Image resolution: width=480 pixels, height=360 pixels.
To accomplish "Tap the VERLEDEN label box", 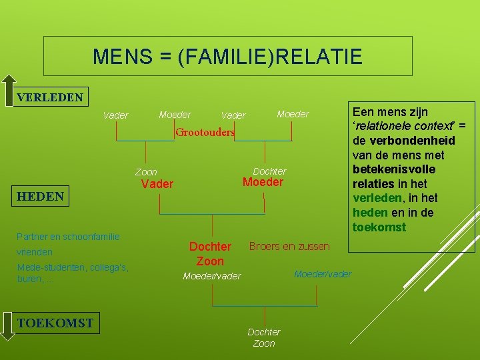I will pyautogui.click(x=50, y=97).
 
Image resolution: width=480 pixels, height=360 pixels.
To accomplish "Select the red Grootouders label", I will pyautogui.click(x=205, y=132).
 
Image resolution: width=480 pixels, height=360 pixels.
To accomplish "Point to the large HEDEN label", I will pyautogui.click(x=41, y=196).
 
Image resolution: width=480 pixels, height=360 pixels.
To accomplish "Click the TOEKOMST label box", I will pyautogui.click(x=55, y=323).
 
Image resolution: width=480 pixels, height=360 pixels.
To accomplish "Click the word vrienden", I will pyautogui.click(x=35, y=252).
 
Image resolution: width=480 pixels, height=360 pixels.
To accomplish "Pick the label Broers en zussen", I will pyautogui.click(x=289, y=246).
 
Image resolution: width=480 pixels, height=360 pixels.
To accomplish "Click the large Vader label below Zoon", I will pyautogui.click(x=157, y=184).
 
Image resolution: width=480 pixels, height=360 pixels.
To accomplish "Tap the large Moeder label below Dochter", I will pyautogui.click(x=263, y=182).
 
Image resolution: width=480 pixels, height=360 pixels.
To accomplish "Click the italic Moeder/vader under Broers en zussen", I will pyautogui.click(x=323, y=274).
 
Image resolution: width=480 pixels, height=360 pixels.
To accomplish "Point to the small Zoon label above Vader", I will pyautogui.click(x=146, y=172).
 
